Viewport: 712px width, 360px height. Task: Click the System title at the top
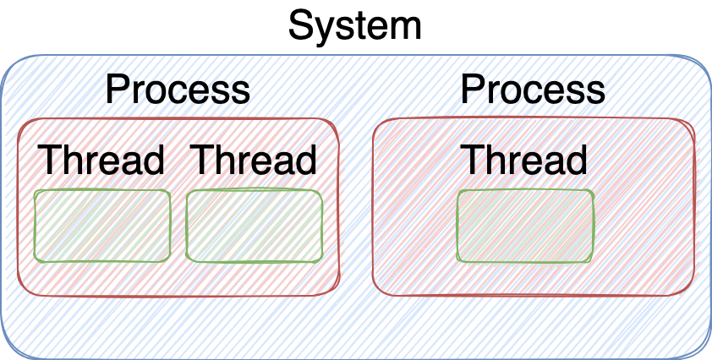354,27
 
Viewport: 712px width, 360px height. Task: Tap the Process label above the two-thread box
178,90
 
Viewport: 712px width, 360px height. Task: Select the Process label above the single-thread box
533,90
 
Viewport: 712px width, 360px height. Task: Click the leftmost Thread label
101,160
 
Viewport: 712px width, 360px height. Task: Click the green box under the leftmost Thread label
102,226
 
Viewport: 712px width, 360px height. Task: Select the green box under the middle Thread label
255,226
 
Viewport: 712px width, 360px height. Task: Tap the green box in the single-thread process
525,226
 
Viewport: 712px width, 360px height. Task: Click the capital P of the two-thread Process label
117,90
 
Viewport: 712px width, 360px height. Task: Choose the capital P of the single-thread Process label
472,90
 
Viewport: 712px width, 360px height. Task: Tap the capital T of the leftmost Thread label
49,160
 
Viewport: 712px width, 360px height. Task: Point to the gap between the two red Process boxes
356,206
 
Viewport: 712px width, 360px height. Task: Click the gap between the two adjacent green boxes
178,226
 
